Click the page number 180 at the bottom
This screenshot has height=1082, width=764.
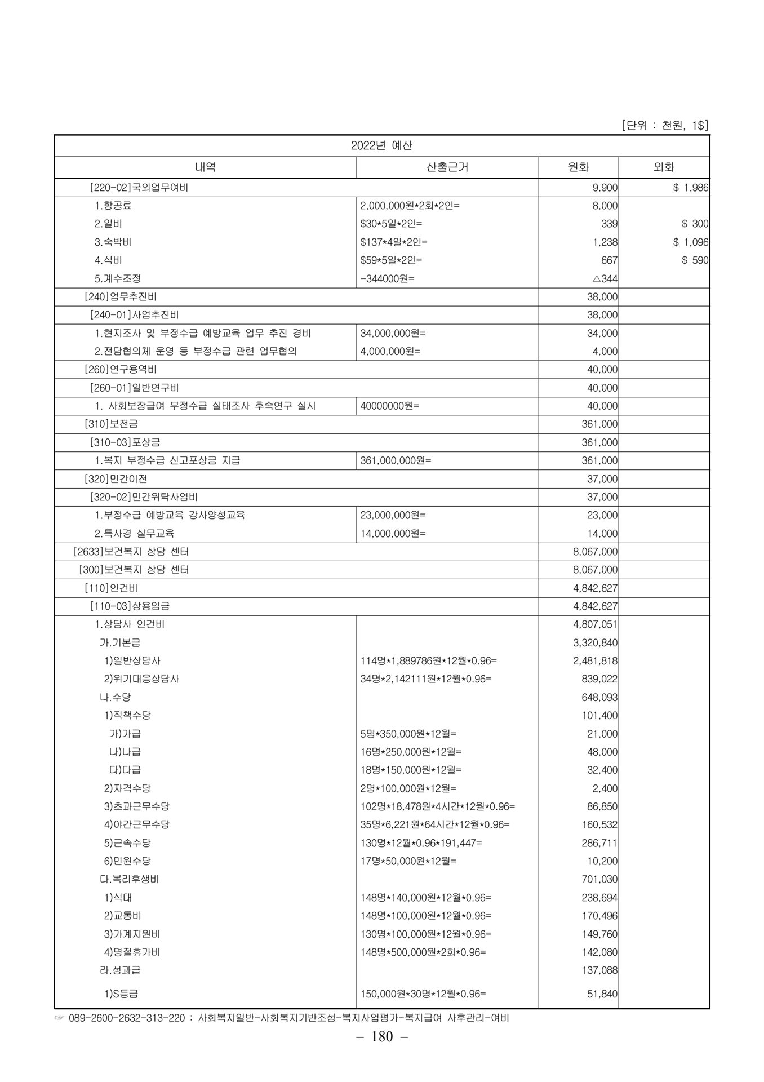point(382,1037)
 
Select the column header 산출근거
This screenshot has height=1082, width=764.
point(447,167)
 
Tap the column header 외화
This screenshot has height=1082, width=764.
point(664,167)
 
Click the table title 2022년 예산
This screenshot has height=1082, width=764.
point(381,145)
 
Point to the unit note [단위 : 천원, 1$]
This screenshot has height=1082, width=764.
point(665,125)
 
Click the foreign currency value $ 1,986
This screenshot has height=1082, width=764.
point(691,188)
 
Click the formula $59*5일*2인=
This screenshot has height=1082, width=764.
point(391,260)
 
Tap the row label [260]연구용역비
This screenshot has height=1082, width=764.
point(120,370)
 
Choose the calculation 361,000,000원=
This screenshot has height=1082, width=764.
point(396,460)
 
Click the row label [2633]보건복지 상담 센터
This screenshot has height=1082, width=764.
point(131,552)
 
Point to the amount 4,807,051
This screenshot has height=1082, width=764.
point(595,624)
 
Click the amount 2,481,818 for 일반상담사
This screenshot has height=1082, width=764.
point(595,661)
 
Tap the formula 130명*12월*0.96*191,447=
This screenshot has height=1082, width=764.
point(421,843)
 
